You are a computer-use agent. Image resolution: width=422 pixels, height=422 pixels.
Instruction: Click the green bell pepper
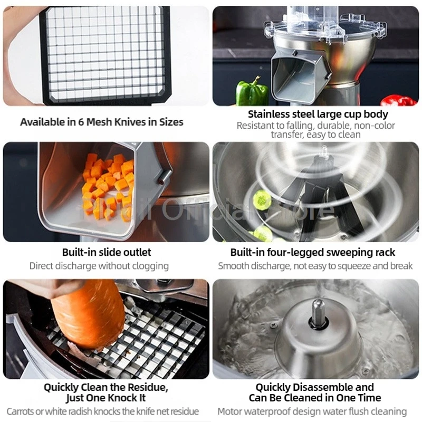click(x=252, y=93)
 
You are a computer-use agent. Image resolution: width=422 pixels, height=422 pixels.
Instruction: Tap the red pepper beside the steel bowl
click(x=399, y=100)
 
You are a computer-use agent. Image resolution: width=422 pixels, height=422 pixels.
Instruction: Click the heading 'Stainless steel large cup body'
click(x=318, y=114)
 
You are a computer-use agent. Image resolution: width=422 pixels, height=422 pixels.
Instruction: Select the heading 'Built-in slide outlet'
click(x=107, y=252)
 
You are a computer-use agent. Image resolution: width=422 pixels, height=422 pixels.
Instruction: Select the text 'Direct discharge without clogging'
click(x=99, y=266)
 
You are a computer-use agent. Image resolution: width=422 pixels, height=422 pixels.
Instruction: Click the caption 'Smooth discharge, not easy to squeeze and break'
click(x=315, y=266)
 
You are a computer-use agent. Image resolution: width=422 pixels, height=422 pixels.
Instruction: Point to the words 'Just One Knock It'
click(x=106, y=398)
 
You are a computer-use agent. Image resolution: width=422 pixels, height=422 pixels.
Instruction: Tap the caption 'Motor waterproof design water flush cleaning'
click(x=312, y=411)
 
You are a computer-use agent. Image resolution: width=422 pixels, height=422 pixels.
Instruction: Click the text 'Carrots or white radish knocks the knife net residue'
click(x=103, y=411)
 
